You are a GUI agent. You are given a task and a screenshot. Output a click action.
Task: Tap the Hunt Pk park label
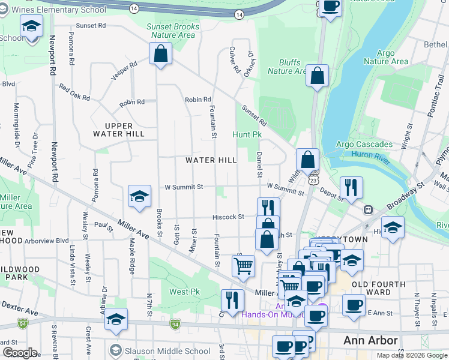247,135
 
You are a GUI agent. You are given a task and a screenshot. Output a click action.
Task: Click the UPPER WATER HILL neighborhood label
124,129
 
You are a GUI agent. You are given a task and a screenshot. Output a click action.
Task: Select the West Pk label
184,292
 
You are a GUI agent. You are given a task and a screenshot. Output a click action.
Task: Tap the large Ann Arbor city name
370,341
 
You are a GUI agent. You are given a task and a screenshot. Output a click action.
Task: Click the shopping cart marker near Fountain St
243,265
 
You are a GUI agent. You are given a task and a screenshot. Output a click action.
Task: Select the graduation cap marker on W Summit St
139,196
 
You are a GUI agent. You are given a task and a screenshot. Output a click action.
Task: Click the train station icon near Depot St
367,209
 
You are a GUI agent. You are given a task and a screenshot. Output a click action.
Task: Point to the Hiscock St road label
229,217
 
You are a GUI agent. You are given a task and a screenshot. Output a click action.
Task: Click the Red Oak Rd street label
74,92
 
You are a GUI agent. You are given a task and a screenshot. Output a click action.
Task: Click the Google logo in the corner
20,353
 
